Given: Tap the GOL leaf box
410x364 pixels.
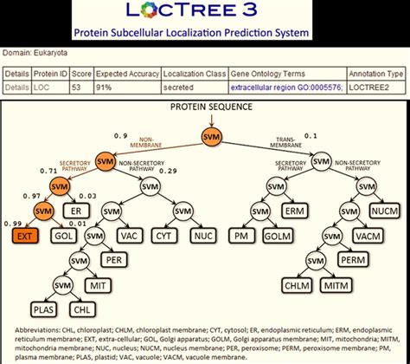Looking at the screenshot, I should click(x=61, y=235).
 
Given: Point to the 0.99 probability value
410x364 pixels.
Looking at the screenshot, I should click(x=13, y=224).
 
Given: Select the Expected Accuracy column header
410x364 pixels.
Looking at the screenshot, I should click(x=127, y=75).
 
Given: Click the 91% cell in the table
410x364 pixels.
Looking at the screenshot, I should click(x=106, y=88).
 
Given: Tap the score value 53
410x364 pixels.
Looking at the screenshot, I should click(x=78, y=88).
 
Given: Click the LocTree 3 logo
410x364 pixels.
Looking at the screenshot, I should click(x=205, y=12).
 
